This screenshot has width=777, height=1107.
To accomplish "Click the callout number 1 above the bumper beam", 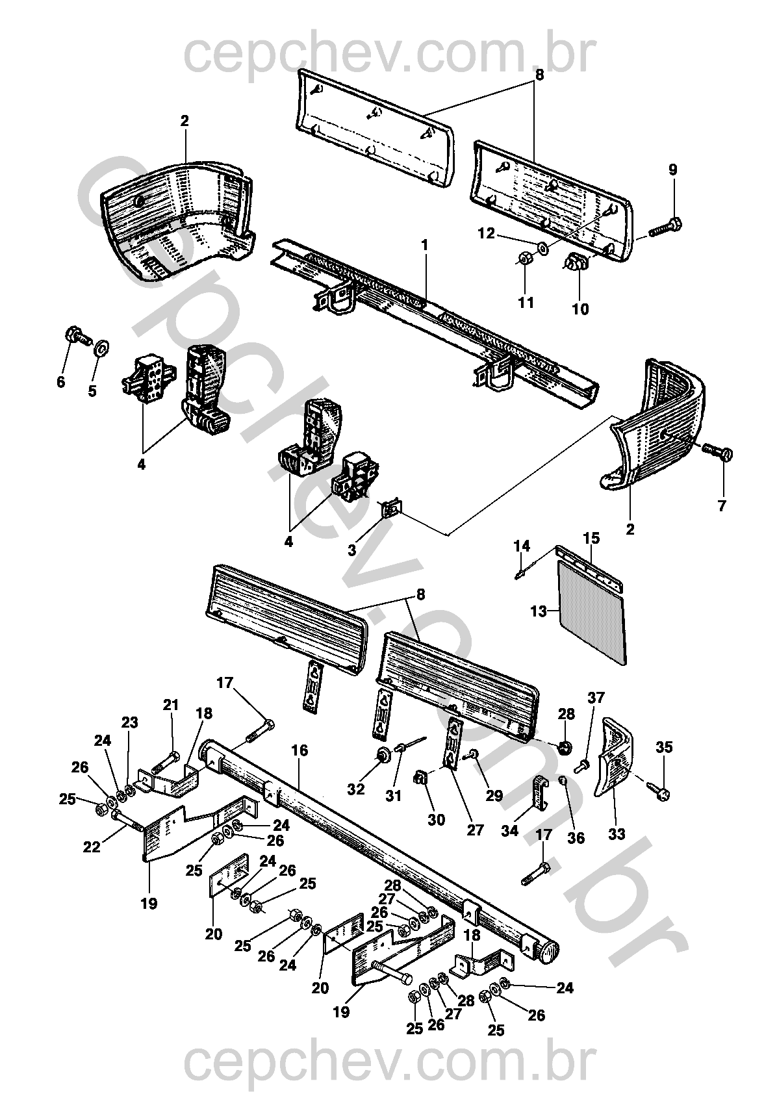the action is [x=424, y=245].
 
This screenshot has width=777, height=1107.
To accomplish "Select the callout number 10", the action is [x=580, y=309].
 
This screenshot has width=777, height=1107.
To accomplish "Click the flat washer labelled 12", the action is [x=542, y=248].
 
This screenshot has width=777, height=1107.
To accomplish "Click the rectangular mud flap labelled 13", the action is [x=592, y=612].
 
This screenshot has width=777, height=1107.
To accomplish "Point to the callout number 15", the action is [x=591, y=538].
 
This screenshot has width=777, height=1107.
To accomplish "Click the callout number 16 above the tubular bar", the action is [x=299, y=750].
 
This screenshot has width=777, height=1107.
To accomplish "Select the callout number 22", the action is [x=92, y=846].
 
